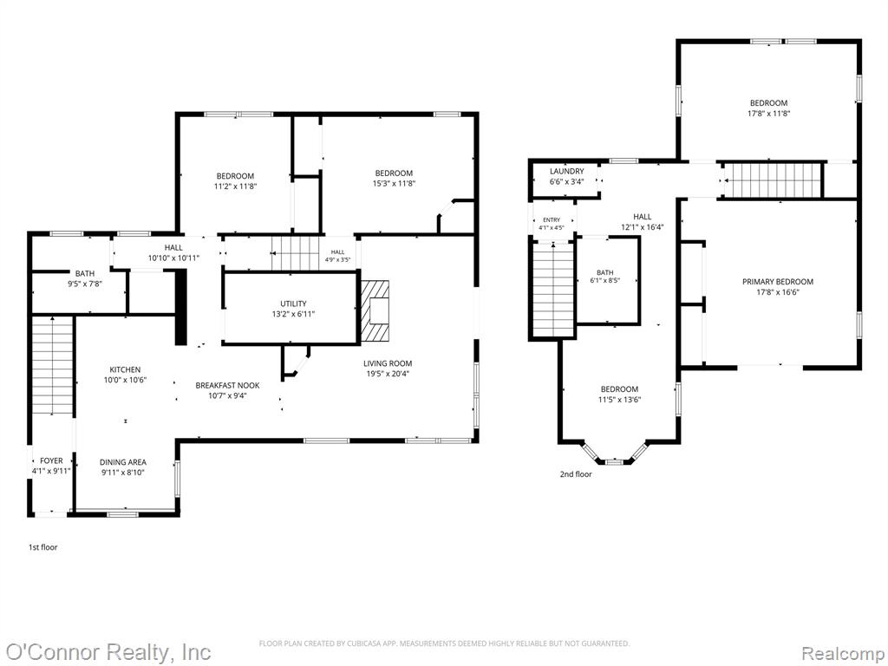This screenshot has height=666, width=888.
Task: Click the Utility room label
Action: (x=293, y=304)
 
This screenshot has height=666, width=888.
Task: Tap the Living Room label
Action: (x=388, y=363)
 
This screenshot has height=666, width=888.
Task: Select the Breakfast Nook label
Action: (x=228, y=386)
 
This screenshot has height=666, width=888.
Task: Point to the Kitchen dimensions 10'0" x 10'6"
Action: (x=125, y=380)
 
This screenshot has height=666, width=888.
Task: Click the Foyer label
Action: (x=51, y=461)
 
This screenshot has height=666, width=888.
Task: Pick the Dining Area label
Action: (x=123, y=462)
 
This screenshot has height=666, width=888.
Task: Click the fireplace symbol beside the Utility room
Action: (x=375, y=311)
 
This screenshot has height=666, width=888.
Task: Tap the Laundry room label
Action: (x=567, y=172)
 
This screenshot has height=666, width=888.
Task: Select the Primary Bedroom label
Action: (x=778, y=282)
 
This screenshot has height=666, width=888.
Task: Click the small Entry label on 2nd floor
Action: (x=552, y=220)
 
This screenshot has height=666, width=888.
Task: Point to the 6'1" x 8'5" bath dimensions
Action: (x=604, y=280)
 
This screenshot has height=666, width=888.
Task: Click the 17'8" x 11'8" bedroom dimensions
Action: (x=768, y=114)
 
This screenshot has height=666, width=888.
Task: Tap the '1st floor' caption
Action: (x=43, y=548)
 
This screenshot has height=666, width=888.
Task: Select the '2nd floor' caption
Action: (x=576, y=474)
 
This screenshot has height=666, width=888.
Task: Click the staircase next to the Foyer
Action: (x=53, y=365)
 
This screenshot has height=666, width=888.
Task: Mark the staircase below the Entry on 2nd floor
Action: (x=553, y=290)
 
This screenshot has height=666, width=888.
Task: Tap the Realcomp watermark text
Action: (x=842, y=653)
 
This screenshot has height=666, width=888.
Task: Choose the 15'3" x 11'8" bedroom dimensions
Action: (x=395, y=184)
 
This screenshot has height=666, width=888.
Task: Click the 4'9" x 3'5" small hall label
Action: (x=337, y=260)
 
